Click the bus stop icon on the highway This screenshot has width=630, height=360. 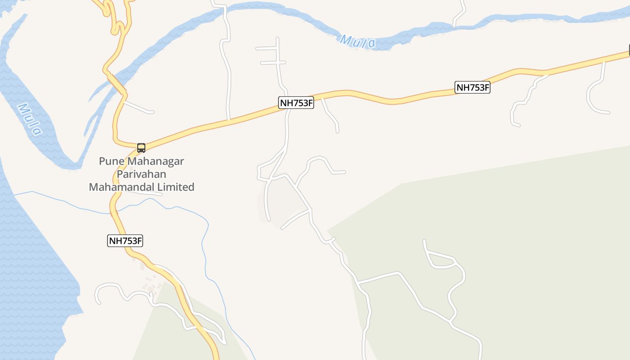(x=141, y=148)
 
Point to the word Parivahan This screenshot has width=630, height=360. (x=141, y=174)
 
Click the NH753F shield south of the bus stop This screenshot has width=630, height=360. (x=126, y=241)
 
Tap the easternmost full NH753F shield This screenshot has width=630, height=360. (x=472, y=87)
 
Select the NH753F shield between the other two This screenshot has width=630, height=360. (x=296, y=103)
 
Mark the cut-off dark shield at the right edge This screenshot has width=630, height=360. (x=629, y=51)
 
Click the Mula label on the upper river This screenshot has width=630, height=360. (x=358, y=42)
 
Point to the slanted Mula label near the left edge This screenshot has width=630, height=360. (x=29, y=119)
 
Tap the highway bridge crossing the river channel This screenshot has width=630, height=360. (x=117, y=84)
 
